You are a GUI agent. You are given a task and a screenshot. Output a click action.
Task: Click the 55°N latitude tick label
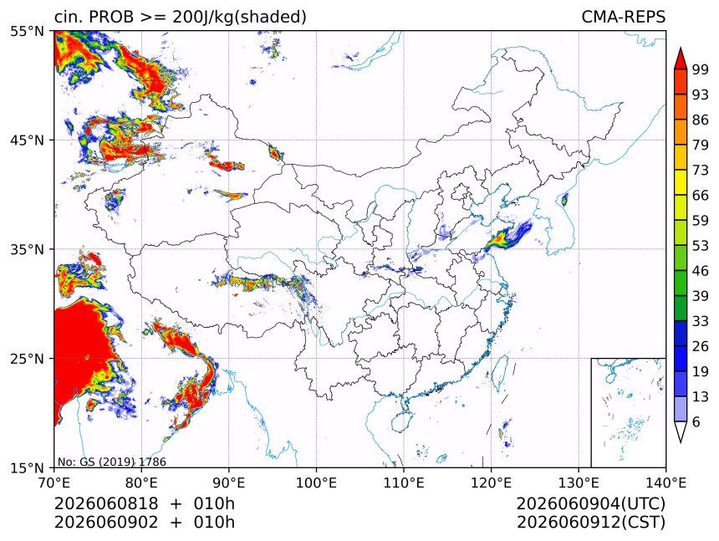click(x=27, y=31)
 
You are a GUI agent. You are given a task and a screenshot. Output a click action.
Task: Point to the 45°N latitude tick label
click(x=27, y=140)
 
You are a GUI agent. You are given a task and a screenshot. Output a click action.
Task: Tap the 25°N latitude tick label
click(x=27, y=359)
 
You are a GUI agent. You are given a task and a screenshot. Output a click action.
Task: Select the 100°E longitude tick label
click(x=316, y=482)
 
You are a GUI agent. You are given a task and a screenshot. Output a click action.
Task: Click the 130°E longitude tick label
click(x=579, y=482)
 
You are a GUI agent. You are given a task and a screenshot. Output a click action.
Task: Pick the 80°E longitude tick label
click(x=141, y=482)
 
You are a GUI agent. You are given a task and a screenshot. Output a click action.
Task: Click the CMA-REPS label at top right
click(x=623, y=17)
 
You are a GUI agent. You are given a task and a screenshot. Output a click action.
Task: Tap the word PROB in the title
click(x=111, y=17)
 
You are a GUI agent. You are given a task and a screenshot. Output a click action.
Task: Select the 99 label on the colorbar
click(x=701, y=69)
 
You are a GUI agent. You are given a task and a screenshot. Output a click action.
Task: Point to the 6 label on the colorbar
click(x=696, y=421)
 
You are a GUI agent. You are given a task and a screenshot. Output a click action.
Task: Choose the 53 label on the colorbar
click(x=701, y=246)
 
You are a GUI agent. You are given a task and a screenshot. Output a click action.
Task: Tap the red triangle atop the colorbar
click(x=681, y=59)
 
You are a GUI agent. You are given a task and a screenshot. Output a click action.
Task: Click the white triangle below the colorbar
click(x=681, y=430)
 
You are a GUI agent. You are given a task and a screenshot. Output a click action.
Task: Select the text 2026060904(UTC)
click(x=591, y=503)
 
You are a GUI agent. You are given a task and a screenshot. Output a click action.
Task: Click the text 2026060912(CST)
click(x=591, y=523)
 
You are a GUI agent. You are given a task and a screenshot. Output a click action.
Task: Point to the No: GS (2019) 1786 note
click(x=112, y=462)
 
